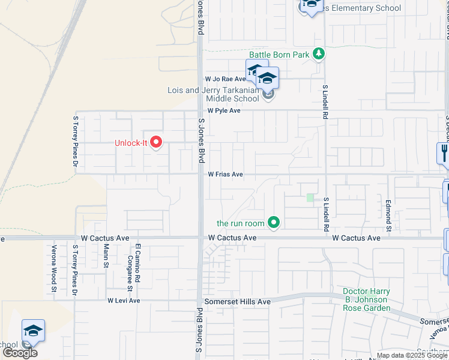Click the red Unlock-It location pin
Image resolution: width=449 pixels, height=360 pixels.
(x=157, y=143)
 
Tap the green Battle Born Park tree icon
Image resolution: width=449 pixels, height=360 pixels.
(x=319, y=55)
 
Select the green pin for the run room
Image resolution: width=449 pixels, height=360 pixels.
(x=274, y=223)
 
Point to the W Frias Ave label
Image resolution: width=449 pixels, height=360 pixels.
(x=225, y=175)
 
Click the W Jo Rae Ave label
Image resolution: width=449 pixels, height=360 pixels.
(x=225, y=79)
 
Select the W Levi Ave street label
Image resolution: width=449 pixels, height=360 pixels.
(x=124, y=301)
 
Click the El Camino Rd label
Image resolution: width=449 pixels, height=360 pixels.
(x=137, y=259)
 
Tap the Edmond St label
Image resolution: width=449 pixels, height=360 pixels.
(x=389, y=217)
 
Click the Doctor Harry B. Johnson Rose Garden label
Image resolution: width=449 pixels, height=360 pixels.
(x=366, y=299)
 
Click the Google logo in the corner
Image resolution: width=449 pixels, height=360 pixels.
(x=20, y=353)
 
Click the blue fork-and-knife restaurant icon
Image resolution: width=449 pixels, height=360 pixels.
(x=444, y=153)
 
